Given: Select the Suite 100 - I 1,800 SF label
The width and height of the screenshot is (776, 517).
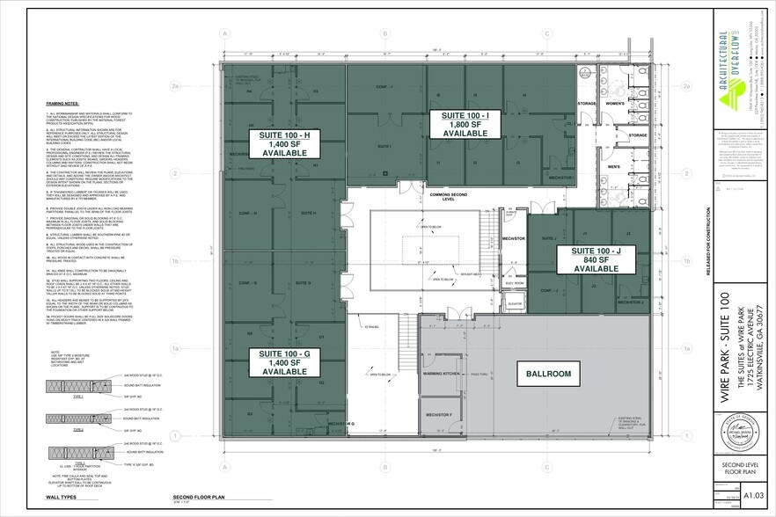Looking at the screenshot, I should tap(458, 123).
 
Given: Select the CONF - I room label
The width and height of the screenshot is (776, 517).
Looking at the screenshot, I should tap(384, 85).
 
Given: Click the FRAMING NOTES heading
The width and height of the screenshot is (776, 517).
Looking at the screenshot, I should tap(60, 102).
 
